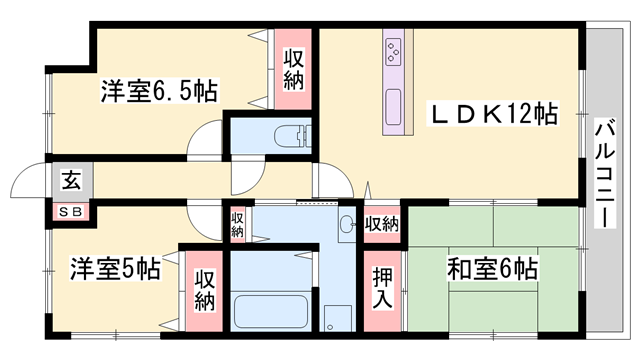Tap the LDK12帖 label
click(x=492, y=112)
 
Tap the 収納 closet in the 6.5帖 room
click(x=294, y=70)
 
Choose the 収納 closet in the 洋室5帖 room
click(x=204, y=288)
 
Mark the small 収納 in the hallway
click(x=237, y=222)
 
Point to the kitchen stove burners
click(x=393, y=49)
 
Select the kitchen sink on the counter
click(x=394, y=103)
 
